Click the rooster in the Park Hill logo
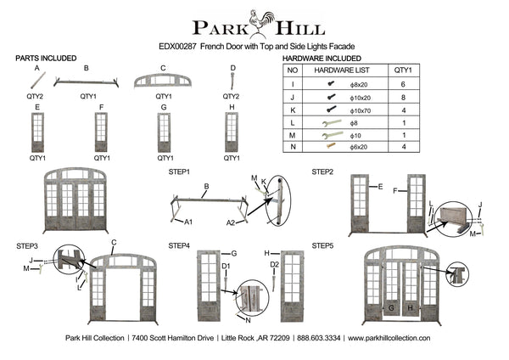(261, 22)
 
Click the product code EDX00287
(177, 47)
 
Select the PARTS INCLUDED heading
(46, 59)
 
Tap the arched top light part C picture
(163, 81)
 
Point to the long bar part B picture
(86, 82)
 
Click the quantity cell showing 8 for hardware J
(404, 98)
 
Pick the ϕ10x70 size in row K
(361, 110)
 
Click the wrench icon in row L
(332, 123)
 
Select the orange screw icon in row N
(331, 145)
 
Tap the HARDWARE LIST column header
(342, 70)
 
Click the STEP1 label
(179, 172)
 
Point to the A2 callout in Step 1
(231, 223)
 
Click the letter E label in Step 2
(380, 187)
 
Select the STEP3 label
(27, 246)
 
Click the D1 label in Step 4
(226, 267)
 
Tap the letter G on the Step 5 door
(391, 307)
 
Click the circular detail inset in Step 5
(457, 275)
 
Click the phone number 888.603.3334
(319, 338)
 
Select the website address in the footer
(389, 338)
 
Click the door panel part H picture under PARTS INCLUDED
(232, 132)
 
